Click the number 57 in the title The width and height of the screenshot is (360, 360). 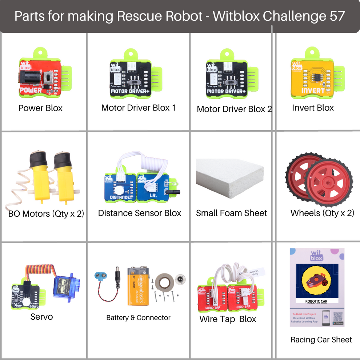[x=337, y=16]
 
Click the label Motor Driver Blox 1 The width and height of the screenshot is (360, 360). [x=139, y=108]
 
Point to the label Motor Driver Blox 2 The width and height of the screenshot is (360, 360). [x=234, y=109]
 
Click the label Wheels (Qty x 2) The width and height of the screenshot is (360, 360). [x=322, y=213]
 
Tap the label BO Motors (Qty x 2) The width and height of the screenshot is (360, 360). [x=46, y=213]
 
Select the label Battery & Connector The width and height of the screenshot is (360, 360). [x=138, y=318]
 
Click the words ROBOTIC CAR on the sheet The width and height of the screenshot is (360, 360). [x=316, y=301]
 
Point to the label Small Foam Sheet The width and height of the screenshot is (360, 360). [x=231, y=213]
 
